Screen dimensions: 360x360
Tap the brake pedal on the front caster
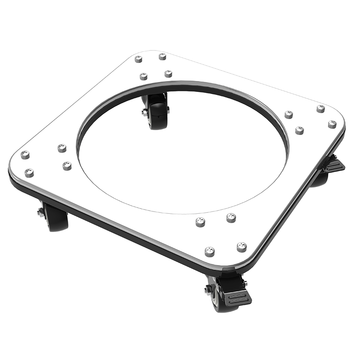click(x=236, y=298)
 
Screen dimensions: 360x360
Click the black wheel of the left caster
click(x=57, y=218)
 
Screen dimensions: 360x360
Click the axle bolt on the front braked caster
click(x=208, y=290)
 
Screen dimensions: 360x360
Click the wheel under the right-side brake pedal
click(x=320, y=179)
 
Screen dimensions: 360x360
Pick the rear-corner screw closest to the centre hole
click(x=168, y=73)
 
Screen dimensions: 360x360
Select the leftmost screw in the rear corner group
click(x=139, y=59)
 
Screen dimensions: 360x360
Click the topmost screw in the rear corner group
click(x=162, y=56)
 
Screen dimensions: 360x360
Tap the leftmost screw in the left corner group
click(x=25, y=154)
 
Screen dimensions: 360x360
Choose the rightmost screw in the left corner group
click(x=67, y=166)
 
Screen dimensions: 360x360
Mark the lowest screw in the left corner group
click(x=29, y=173)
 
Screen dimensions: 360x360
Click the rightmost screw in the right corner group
click(x=332, y=124)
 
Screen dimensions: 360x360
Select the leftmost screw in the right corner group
click(x=288, y=114)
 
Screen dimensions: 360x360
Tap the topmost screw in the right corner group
click(x=320, y=108)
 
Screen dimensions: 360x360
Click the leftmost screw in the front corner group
click(x=200, y=222)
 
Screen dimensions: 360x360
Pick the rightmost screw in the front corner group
click(x=242, y=246)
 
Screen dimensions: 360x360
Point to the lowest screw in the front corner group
click(x=209, y=251)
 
